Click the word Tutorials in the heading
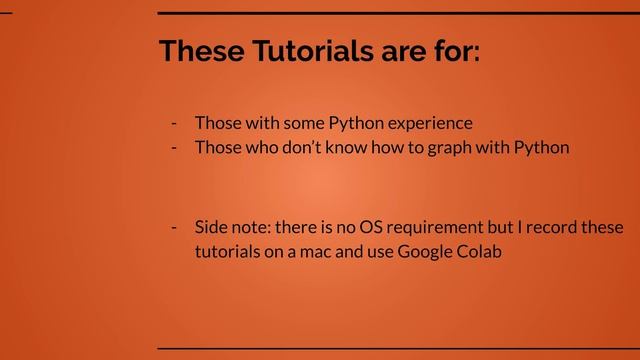[303, 52]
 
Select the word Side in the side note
[211, 227]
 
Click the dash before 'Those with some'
[174, 123]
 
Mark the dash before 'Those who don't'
[174, 148]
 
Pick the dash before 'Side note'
[174, 227]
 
